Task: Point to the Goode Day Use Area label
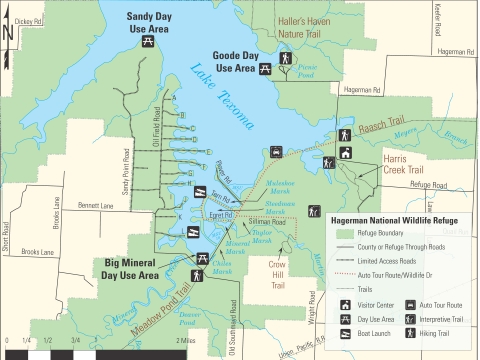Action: [235, 62]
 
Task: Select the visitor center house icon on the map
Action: [344, 153]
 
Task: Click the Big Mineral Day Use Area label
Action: [146, 269]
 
